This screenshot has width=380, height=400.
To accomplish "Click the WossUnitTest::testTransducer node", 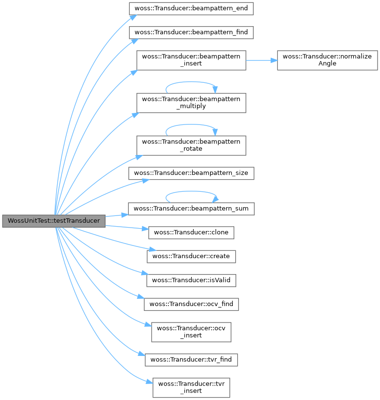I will point(53,221).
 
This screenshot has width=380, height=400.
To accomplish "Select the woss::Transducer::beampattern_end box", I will point(191,9).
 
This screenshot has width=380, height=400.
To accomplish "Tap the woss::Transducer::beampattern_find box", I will point(191,32).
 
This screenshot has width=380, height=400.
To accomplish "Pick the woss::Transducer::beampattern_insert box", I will point(191,60).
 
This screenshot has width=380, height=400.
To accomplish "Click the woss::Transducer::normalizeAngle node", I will point(327,60).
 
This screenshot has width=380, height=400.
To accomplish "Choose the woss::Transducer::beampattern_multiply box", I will point(191,103).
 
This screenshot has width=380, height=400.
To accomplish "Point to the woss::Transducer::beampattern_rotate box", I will point(191,145).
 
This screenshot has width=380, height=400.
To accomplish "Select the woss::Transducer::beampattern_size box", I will point(191,173).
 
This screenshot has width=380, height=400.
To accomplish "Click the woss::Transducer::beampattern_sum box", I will point(191,209).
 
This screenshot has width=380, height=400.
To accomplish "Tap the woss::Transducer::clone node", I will point(191,232).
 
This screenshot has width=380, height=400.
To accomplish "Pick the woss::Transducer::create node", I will point(191,256).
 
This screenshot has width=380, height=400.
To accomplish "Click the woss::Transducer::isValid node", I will point(191,280).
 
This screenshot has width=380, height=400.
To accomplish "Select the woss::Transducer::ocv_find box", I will point(191,304).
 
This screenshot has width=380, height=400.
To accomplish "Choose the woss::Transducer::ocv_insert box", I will point(191,332).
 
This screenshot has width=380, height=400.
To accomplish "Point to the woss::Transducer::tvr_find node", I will point(191,360).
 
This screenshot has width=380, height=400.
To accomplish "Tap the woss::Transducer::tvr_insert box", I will point(191,388).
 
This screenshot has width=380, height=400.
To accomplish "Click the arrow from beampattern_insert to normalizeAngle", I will point(261,61).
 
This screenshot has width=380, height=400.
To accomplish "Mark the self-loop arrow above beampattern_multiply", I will point(191,82).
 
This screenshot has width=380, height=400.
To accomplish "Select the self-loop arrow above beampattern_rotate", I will point(191,124).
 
